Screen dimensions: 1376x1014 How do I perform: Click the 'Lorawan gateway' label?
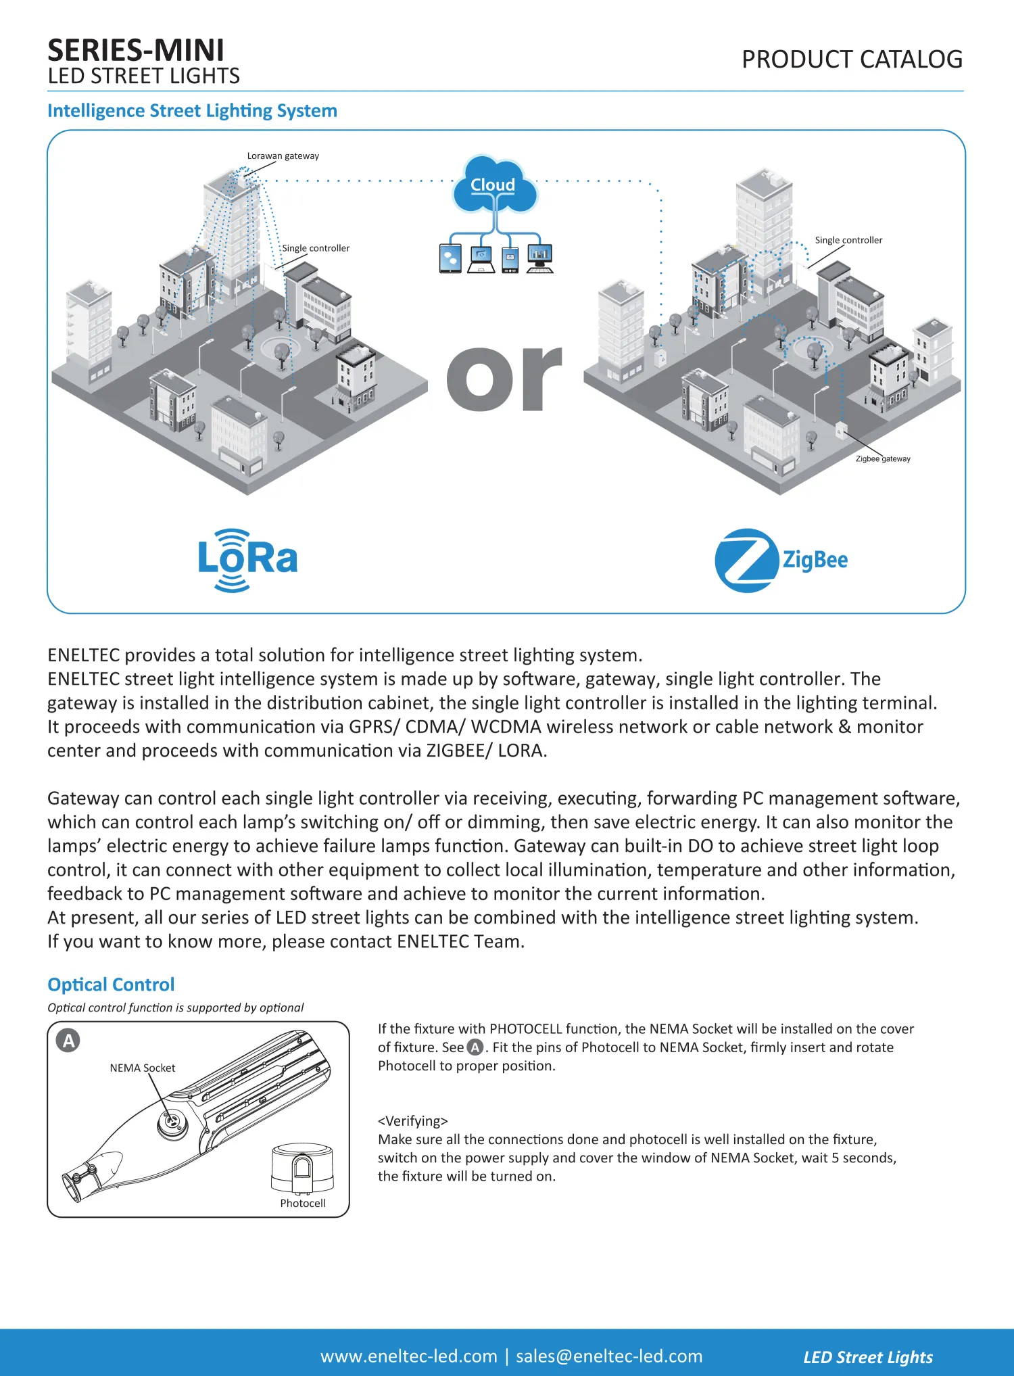(283, 156)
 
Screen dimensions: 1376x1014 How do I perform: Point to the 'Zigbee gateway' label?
(883, 459)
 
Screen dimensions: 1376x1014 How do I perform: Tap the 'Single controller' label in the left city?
(316, 248)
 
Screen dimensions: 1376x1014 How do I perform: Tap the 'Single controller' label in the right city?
(848, 240)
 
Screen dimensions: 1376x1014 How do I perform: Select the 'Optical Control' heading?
(111, 984)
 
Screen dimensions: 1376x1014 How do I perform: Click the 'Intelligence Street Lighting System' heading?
(192, 111)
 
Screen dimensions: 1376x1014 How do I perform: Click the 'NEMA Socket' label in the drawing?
(142, 1068)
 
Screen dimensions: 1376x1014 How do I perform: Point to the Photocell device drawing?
(302, 1168)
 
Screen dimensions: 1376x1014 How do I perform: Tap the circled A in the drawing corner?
(68, 1041)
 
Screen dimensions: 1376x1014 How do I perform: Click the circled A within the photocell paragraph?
(475, 1047)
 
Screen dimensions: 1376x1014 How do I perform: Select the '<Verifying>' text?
(412, 1121)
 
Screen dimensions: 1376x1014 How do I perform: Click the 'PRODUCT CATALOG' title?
(852, 60)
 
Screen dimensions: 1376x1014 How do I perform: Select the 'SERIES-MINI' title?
(136, 51)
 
